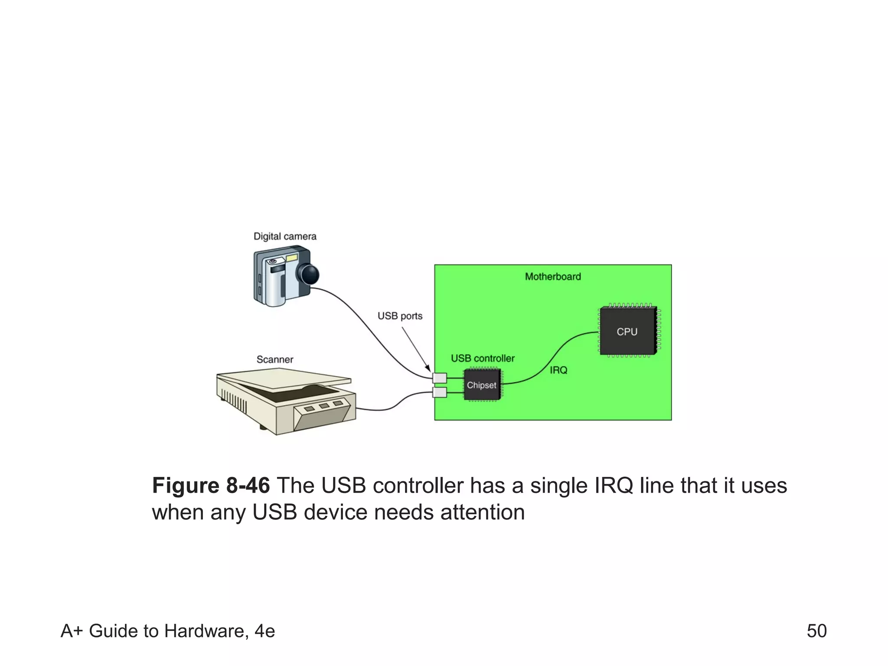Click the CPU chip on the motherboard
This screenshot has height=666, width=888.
click(x=627, y=331)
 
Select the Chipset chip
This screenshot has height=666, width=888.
click(x=482, y=385)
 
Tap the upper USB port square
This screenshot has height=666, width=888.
click(x=440, y=378)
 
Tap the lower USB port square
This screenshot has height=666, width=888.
click(x=440, y=393)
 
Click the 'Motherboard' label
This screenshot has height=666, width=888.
click(x=553, y=277)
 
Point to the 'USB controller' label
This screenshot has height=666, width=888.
click(x=483, y=358)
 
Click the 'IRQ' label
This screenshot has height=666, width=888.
click(x=558, y=370)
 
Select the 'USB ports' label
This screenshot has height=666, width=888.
click(x=400, y=316)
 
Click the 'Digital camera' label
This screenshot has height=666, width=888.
click(x=285, y=236)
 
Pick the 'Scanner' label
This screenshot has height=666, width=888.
click(x=275, y=359)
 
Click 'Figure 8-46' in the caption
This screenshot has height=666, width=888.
click(x=211, y=485)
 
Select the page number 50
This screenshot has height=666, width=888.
click(x=816, y=631)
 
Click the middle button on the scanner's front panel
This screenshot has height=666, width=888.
click(x=324, y=406)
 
